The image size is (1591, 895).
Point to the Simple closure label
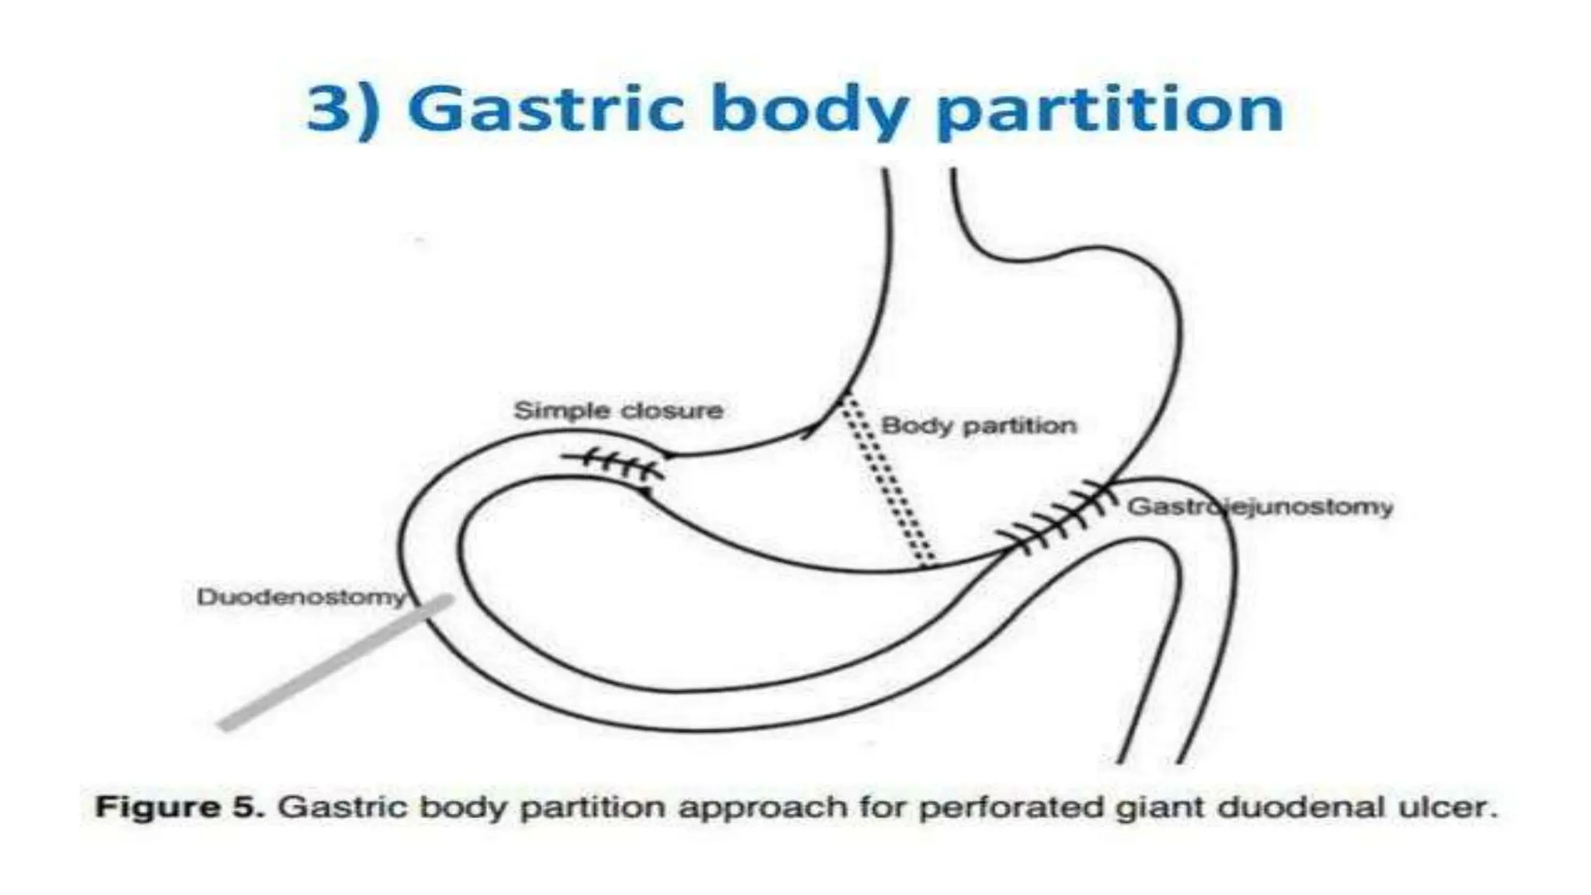[x=618, y=410]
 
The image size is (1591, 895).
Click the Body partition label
[x=979, y=426]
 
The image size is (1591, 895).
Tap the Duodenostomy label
[x=301, y=597]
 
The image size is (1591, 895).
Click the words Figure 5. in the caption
[x=179, y=807]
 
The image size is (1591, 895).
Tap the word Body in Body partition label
[x=908, y=426]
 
